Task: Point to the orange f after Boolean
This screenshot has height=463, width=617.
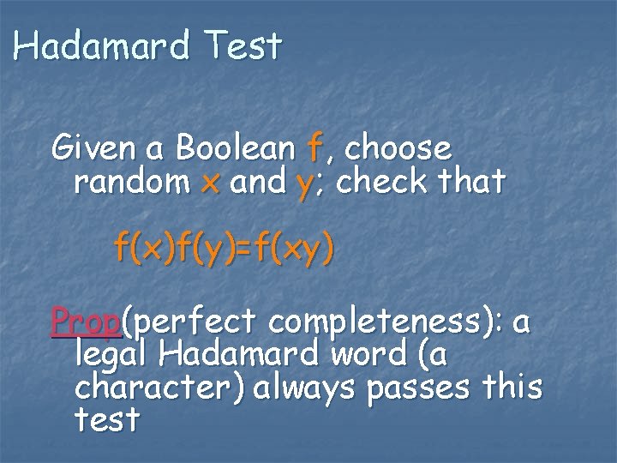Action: pyautogui.click(x=314, y=149)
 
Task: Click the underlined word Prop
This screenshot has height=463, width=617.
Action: pyautogui.click(x=87, y=322)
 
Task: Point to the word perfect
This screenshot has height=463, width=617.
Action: pyautogui.click(x=193, y=322)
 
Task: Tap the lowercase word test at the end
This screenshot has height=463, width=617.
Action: pyautogui.click(x=106, y=419)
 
